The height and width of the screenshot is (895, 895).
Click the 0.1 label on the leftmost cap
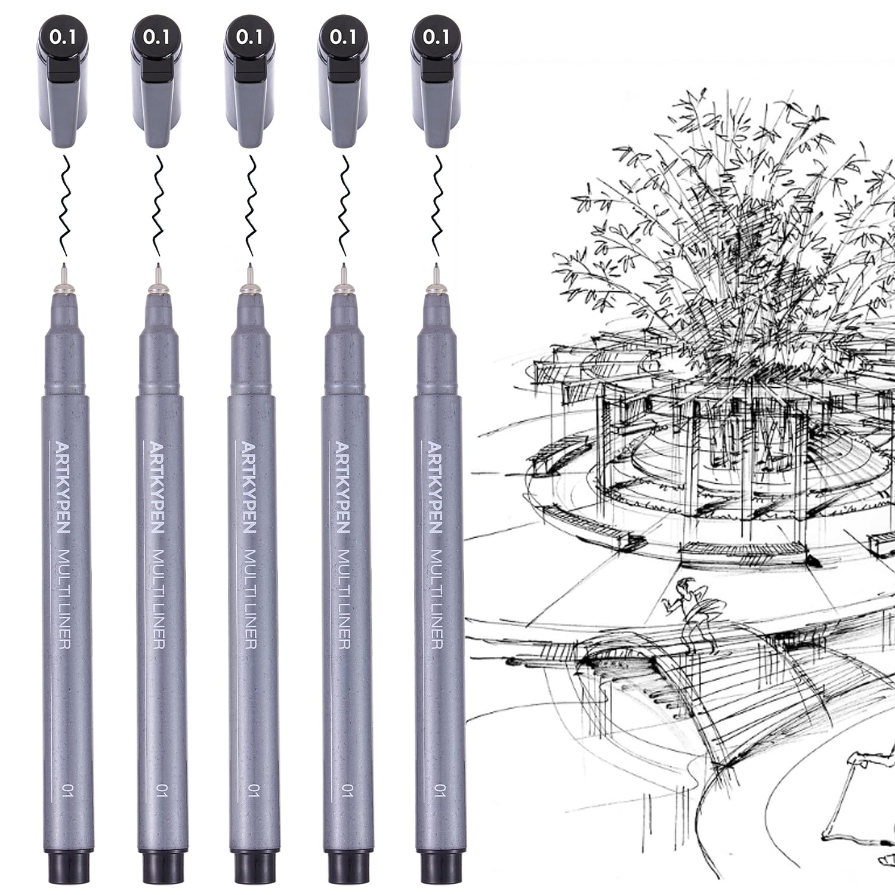point(63,37)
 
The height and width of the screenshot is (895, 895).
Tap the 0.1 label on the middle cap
point(249,37)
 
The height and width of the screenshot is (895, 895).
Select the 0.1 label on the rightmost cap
point(436,37)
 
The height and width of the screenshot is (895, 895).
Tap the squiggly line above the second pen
point(159,203)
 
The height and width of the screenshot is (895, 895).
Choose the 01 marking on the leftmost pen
point(66,791)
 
